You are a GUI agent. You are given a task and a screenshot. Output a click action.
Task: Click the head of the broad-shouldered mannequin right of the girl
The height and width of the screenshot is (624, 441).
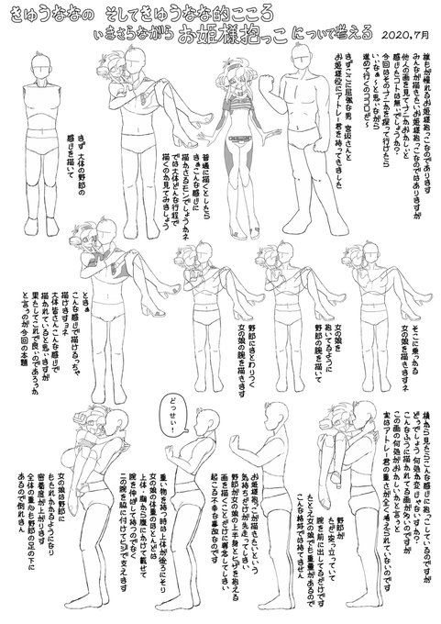(300, 75)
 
